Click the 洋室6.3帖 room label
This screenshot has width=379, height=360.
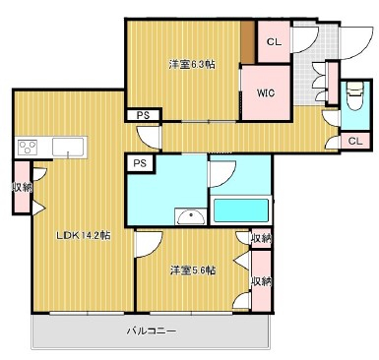click(192, 64)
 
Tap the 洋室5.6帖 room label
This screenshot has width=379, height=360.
click(193, 270)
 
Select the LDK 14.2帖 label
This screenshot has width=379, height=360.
click(84, 235)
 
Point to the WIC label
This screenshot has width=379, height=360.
click(266, 93)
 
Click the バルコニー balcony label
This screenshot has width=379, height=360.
click(152, 330)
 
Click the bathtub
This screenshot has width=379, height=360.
click(241, 210)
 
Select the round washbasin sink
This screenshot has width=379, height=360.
click(191, 217)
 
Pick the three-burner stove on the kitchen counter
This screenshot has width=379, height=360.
click(28, 148)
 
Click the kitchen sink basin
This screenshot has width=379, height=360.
click(68, 147)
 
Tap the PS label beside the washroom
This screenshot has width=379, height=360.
click(140, 163)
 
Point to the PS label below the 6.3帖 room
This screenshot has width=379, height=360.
click(143, 115)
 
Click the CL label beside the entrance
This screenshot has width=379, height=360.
click(274, 42)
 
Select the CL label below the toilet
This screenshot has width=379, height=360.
click(355, 141)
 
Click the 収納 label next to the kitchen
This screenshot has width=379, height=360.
click(23, 188)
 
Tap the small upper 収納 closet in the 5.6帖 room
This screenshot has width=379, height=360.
click(262, 238)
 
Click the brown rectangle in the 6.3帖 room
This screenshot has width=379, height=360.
click(248, 42)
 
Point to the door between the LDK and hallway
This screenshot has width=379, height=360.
click(149, 138)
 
